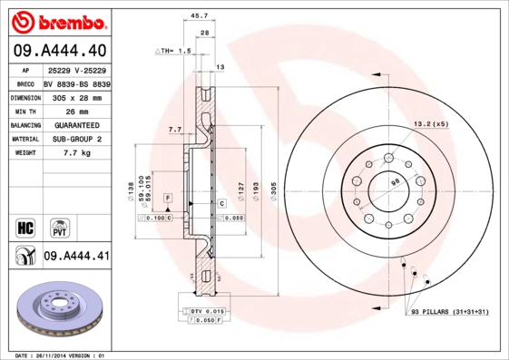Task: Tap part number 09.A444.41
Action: pos(76,257)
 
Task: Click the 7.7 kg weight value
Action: pos(77,154)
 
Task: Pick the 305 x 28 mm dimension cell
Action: pos(77,97)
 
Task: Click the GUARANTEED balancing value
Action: pos(77,125)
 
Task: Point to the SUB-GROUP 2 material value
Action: pos(77,140)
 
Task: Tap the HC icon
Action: pos(25,226)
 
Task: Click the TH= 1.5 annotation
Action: pos(173,52)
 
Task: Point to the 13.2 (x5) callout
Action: pos(431,122)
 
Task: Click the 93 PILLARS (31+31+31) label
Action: pos(451,313)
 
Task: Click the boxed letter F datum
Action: pos(167,197)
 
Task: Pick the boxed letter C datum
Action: pos(220,204)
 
